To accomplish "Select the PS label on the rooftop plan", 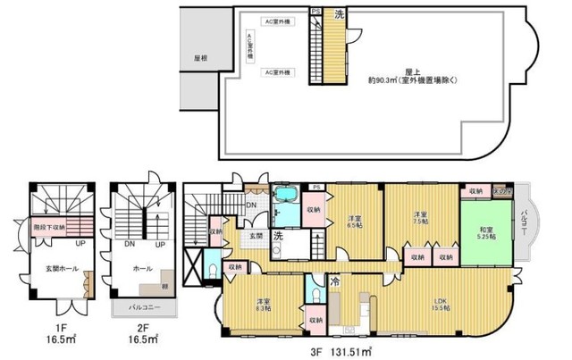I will [315, 11].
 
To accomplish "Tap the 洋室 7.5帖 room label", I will [421, 219].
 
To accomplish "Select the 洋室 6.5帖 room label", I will [353, 222].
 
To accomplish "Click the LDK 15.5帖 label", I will [441, 302].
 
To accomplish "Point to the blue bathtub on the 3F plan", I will [288, 196].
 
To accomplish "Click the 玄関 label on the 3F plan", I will [256, 236].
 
